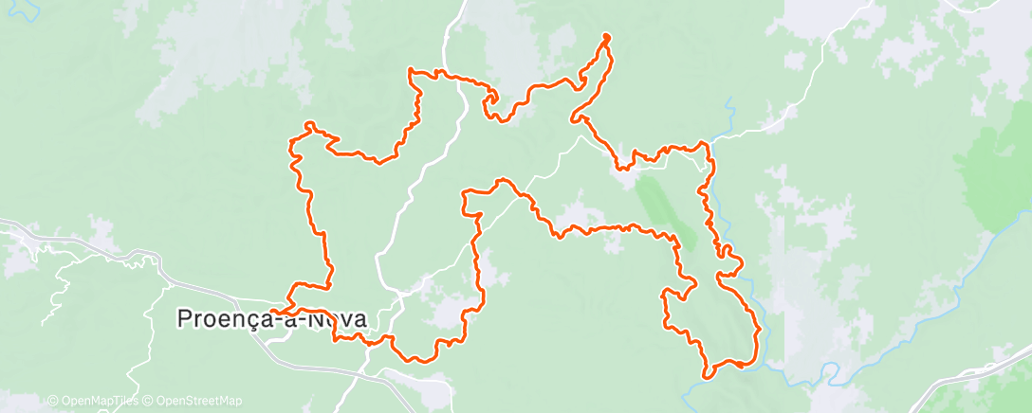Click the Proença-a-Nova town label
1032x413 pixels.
point(271,319)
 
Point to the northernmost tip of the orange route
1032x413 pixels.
point(605,37)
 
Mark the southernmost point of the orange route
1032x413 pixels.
point(706,377)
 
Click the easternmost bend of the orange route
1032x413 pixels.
point(760,329)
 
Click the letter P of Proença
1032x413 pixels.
point(186,319)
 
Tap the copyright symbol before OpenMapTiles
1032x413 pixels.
point(52,401)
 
